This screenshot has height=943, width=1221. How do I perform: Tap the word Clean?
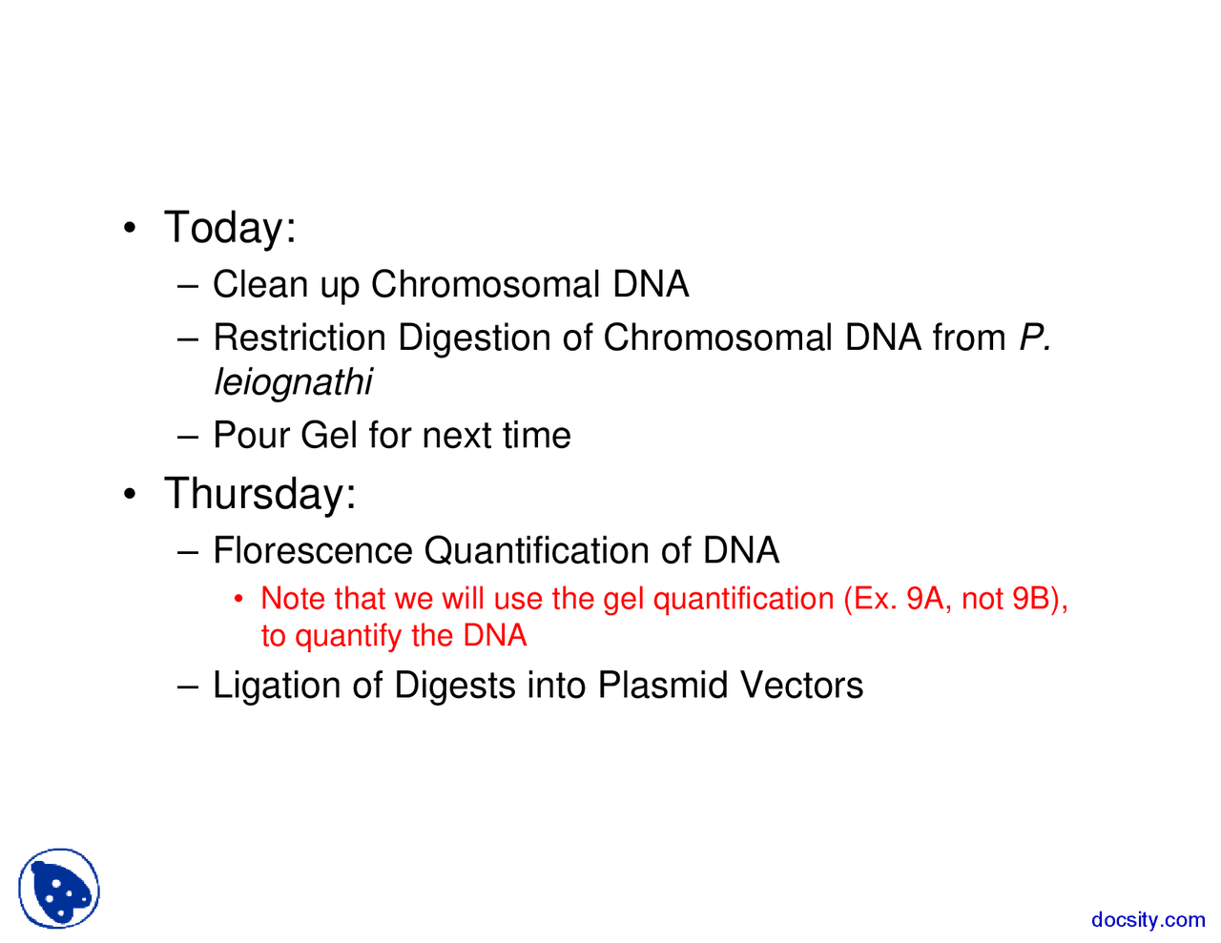(x=259, y=284)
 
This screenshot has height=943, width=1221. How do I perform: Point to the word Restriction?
(x=300, y=338)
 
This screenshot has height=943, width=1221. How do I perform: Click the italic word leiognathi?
(x=292, y=382)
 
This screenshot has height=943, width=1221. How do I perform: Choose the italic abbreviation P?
(x=1034, y=338)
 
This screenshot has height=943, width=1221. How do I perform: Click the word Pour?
(x=252, y=436)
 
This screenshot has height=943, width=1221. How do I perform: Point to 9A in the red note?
(x=924, y=599)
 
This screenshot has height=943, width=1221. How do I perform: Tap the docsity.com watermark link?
(x=1148, y=919)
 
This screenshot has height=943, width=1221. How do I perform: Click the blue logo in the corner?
(x=59, y=889)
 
